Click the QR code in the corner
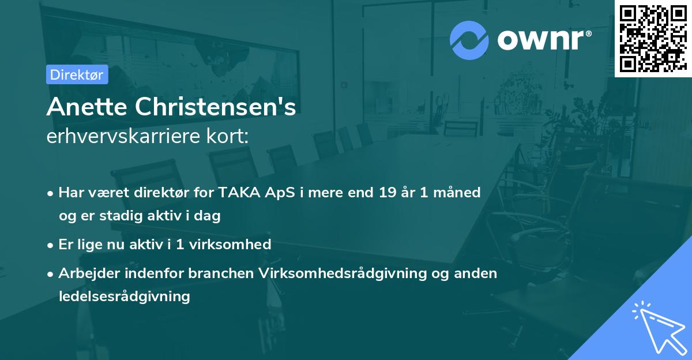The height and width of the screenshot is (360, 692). tap(653, 38)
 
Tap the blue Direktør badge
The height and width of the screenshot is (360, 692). tap(77, 74)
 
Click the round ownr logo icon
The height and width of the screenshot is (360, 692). tap(469, 40)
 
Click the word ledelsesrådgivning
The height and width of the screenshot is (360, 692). tap(124, 297)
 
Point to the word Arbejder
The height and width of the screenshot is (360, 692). tap(86, 273)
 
